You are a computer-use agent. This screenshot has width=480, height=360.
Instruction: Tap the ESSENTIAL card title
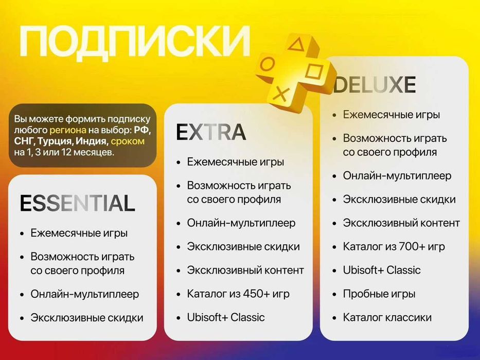point(77,204)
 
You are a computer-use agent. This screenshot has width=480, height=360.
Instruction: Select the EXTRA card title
point(211,133)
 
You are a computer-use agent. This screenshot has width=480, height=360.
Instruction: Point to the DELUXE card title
point(375,85)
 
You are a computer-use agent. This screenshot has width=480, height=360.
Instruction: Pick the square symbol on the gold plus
point(317,70)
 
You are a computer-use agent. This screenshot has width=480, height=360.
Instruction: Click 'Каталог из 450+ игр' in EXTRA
point(238,294)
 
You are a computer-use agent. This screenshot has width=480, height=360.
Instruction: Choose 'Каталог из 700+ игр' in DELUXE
point(394,246)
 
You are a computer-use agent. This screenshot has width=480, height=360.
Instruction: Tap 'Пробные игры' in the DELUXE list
point(379,294)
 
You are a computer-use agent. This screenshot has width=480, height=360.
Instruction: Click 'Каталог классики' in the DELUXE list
point(387,317)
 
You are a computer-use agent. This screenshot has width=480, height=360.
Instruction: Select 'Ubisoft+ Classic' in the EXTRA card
point(226,317)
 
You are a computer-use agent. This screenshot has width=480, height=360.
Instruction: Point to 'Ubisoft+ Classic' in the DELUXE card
point(382,270)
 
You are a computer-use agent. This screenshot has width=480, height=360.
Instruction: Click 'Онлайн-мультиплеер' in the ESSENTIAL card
point(85,294)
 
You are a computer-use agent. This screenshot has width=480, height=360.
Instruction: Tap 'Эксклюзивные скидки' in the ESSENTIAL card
point(87,318)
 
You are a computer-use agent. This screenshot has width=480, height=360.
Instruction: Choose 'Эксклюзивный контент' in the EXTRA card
point(245,270)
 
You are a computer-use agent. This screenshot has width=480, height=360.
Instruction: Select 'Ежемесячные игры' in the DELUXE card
point(392,115)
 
